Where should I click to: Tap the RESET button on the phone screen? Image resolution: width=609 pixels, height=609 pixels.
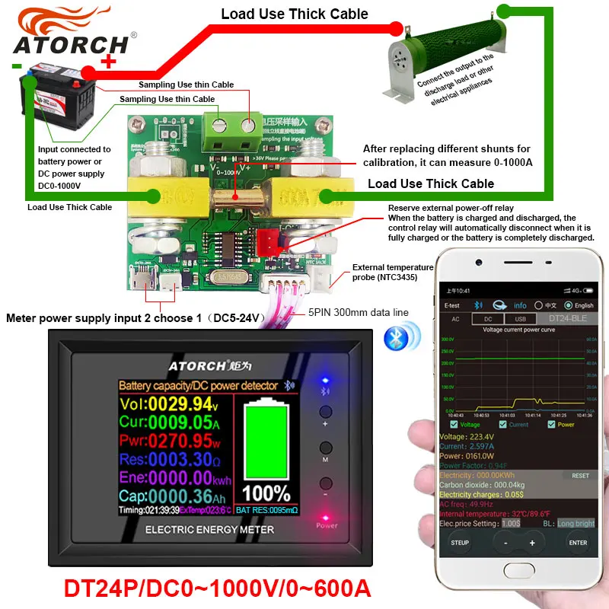click(580, 475)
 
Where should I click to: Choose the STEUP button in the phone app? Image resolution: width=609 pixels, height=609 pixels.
click(460, 543)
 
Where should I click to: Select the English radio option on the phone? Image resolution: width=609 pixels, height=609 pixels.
click(580, 306)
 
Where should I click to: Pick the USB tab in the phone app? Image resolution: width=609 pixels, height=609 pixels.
click(519, 319)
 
